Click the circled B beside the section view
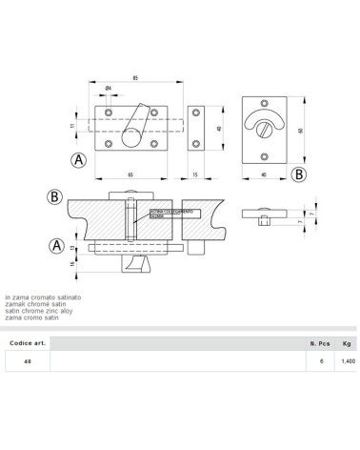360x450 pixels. click(x=55, y=198)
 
